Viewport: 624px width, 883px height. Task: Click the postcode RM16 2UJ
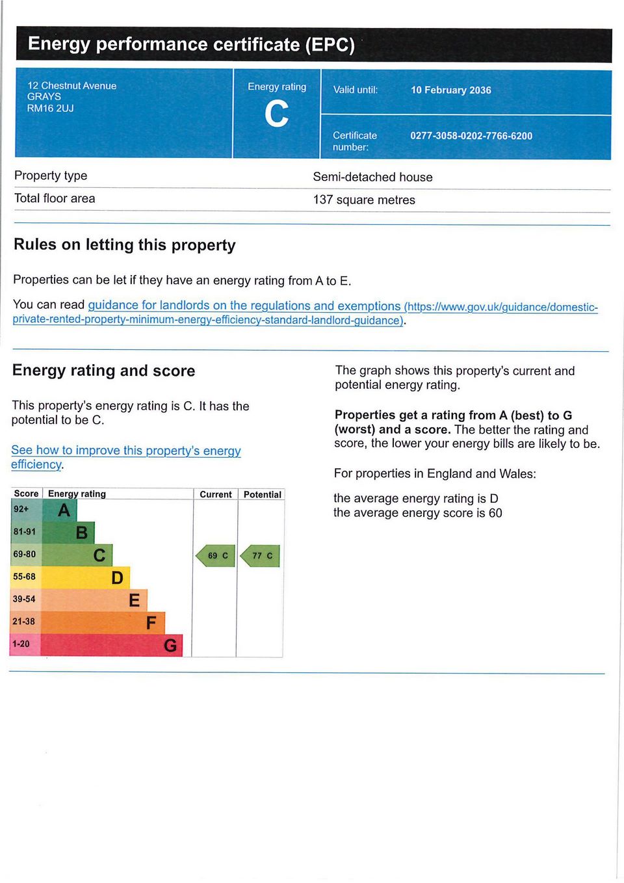[50, 108]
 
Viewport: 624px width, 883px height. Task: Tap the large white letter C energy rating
[276, 114]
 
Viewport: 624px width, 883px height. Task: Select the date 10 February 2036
[450, 90]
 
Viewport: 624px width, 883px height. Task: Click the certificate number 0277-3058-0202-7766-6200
[471, 136]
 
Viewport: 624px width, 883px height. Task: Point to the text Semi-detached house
[372, 177]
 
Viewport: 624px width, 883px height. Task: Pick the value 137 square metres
[364, 200]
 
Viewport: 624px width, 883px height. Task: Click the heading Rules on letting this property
[125, 245]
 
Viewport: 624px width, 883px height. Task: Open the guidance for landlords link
[244, 306]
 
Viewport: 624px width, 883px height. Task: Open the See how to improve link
[125, 451]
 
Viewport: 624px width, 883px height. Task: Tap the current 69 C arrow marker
[216, 556]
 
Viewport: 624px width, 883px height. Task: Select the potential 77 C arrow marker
[261, 556]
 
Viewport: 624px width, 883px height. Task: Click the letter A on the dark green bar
[64, 510]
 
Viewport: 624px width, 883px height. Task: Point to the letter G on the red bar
[170, 645]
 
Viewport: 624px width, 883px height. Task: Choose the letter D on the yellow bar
[117, 577]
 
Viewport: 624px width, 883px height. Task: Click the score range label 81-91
[25, 532]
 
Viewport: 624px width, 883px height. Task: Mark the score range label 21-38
[23, 622]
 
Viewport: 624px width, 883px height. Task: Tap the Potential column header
[262, 495]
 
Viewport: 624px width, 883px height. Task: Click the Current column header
[215, 495]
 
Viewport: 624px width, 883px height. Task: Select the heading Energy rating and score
[104, 371]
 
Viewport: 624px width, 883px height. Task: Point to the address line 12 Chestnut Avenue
[71, 86]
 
